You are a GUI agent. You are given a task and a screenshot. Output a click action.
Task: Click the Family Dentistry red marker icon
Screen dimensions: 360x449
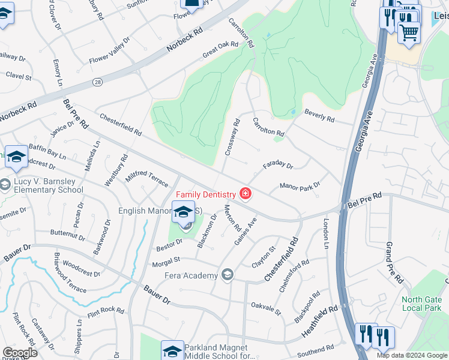[x=245, y=194]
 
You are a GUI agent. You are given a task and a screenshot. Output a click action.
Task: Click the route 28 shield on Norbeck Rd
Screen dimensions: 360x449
[x=97, y=81]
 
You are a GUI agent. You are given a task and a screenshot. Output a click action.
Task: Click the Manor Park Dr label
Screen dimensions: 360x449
[x=300, y=186]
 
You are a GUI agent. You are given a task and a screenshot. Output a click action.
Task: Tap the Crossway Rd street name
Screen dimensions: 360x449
[x=232, y=137]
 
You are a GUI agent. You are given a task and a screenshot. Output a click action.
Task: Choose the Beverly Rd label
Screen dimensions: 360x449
[x=319, y=116]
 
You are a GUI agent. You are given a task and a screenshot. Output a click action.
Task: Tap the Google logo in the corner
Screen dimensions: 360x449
[x=20, y=353]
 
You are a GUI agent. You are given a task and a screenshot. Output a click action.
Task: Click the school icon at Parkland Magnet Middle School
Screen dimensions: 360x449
[x=172, y=350]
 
